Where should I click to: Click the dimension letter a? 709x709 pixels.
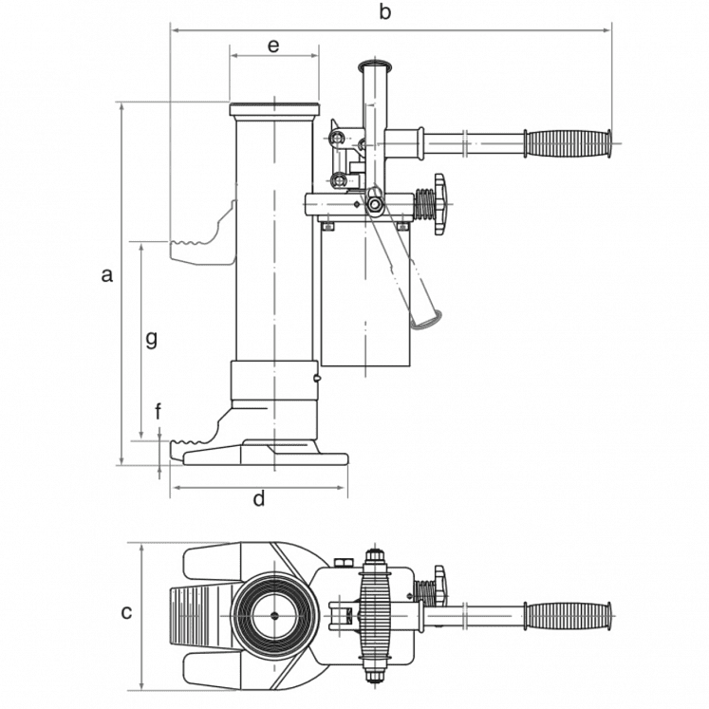[x=106, y=274]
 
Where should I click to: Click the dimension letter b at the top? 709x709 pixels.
[x=384, y=11]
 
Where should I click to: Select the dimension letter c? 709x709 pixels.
[x=126, y=612]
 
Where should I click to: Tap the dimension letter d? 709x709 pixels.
[x=259, y=498]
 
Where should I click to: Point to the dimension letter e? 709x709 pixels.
[x=273, y=46]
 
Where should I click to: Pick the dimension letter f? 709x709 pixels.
[x=158, y=412]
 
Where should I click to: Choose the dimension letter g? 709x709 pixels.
[x=152, y=339]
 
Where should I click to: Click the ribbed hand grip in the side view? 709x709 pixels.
[x=568, y=143]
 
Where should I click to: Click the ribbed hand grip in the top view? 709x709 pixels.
[x=568, y=616]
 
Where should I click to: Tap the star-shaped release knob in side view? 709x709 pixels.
[x=440, y=204]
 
